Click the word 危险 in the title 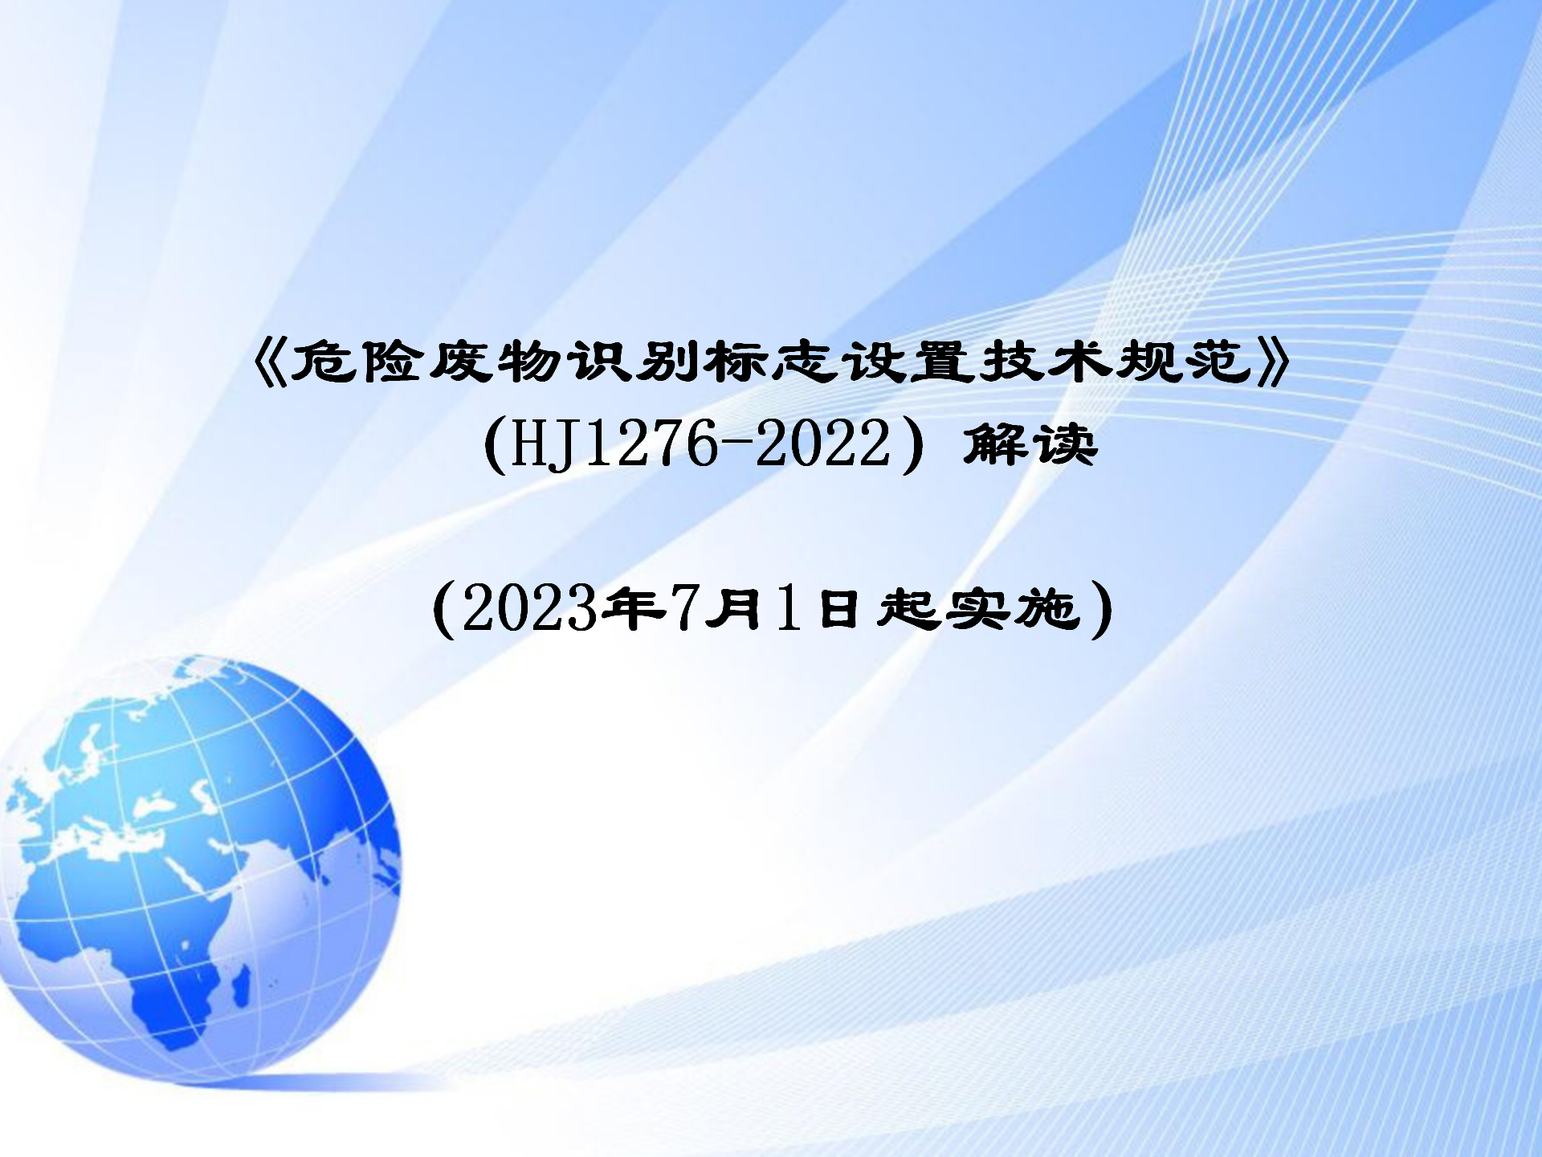357,362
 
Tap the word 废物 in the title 496,362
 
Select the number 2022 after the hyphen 823,444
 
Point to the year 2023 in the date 530,608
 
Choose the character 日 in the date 838,608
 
